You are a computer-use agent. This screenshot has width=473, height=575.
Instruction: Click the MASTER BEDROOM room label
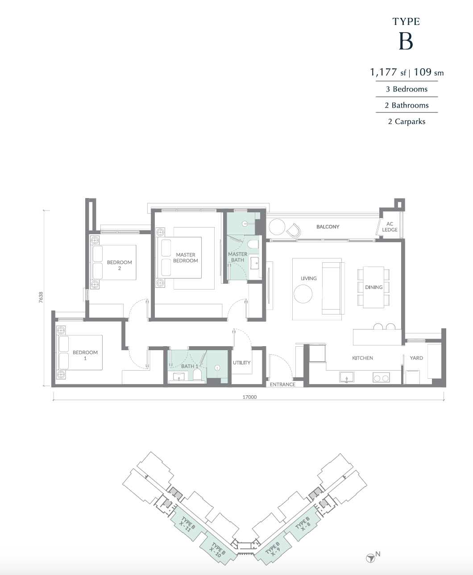(x=186, y=258)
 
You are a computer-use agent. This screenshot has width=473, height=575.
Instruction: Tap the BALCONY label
(x=328, y=227)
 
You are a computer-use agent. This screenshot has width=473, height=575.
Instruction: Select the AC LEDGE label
(x=390, y=227)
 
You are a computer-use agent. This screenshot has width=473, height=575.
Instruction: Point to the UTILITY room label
(x=241, y=363)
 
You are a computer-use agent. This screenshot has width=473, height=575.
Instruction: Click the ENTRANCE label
(x=282, y=385)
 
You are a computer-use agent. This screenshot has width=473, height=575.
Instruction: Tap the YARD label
(x=416, y=358)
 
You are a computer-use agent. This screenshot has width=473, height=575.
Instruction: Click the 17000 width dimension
(x=249, y=397)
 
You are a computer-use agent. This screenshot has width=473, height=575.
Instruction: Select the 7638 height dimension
(x=41, y=298)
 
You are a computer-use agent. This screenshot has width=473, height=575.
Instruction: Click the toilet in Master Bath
(x=253, y=244)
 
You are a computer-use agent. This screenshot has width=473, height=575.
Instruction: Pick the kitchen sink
(x=346, y=377)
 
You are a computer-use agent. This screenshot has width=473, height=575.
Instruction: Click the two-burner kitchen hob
(x=381, y=378)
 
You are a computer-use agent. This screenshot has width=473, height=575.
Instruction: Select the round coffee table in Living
(x=303, y=294)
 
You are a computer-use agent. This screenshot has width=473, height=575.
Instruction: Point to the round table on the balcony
(x=277, y=227)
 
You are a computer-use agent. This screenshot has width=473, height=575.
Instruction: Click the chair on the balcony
(x=294, y=230)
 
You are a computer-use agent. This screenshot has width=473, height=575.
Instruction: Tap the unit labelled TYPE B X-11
(x=188, y=525)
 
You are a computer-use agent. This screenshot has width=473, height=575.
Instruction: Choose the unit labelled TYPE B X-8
(x=302, y=524)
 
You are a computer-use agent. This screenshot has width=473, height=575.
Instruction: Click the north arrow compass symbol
(x=370, y=558)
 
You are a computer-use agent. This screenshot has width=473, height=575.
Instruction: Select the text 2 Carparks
(x=407, y=122)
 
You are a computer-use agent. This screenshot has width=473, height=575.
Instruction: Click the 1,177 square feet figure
(x=383, y=72)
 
